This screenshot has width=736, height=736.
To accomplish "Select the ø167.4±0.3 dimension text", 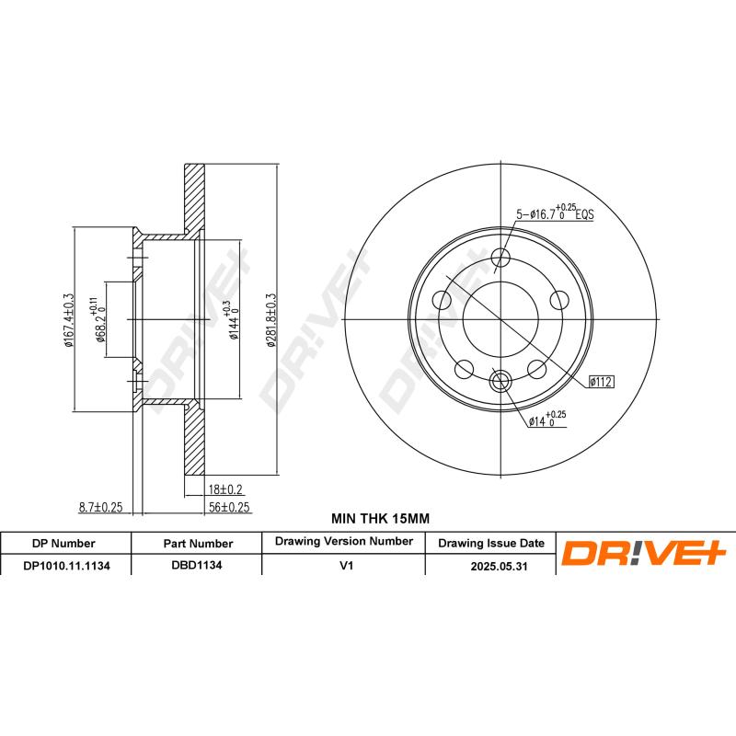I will coord(67,321).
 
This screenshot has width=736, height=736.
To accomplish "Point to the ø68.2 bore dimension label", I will coord(98,321).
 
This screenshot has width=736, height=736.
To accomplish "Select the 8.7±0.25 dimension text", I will coord(101,507).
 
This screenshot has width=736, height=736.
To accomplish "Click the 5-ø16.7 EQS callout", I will coord(555,213).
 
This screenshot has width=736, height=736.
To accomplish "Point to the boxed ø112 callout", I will coord(601,381).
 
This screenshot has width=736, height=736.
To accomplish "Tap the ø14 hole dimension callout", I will coord(547,420).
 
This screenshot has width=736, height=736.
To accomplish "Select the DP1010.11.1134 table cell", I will coord(66,567).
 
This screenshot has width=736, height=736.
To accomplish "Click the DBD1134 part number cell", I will coord(197,567).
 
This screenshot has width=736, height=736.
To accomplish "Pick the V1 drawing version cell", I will coord(344,567).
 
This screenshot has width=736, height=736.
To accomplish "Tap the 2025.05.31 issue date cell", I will coord(490,567).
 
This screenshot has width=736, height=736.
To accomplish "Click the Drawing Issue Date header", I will coord(490,543).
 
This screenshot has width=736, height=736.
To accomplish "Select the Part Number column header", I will coord(197,543).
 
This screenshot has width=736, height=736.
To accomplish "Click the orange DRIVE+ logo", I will coord(644,553).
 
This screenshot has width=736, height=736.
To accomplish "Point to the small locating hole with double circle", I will coord(501,381).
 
